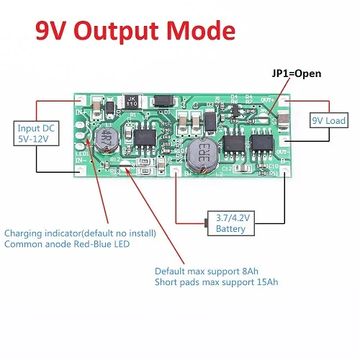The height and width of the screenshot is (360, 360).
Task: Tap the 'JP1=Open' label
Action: coord(296,73)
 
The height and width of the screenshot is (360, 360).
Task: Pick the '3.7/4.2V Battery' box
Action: coord(230,223)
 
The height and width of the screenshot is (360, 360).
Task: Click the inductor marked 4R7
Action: coord(107,136)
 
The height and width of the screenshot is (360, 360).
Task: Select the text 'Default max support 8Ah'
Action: coord(207,271)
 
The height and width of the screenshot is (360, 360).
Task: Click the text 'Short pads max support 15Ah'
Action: coord(216,282)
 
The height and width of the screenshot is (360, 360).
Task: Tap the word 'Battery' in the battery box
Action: coord(230,229)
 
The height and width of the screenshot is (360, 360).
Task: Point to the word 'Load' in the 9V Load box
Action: coord(339,120)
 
